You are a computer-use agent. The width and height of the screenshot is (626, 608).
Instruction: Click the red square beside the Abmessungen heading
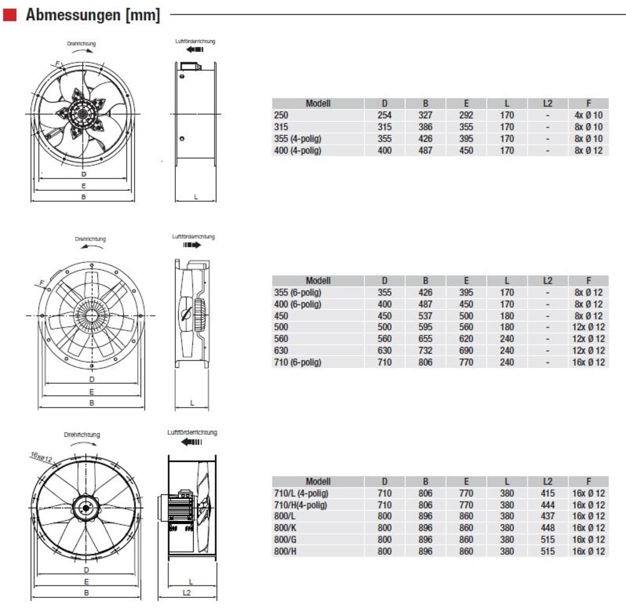click(x=10, y=15)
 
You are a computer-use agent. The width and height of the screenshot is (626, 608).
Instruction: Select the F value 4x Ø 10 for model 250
click(x=588, y=115)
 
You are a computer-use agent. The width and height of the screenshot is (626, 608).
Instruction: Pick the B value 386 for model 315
click(x=425, y=127)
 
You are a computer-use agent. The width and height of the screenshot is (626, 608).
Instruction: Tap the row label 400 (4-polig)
click(x=298, y=150)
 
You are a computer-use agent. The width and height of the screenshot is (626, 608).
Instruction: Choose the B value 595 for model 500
click(x=425, y=327)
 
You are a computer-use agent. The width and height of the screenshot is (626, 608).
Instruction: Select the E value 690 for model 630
click(x=466, y=351)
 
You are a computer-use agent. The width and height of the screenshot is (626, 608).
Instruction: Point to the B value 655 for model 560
click(x=425, y=339)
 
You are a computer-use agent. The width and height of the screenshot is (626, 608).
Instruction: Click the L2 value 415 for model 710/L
click(x=547, y=493)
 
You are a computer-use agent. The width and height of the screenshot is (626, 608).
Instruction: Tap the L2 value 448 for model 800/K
click(x=547, y=528)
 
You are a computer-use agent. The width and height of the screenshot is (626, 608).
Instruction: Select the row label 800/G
click(x=285, y=540)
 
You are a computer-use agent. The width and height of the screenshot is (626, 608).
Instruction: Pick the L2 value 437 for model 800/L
click(x=547, y=517)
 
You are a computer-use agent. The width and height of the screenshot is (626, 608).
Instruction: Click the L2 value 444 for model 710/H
click(x=547, y=505)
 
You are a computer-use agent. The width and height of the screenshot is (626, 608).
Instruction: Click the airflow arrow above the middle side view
click(x=192, y=245)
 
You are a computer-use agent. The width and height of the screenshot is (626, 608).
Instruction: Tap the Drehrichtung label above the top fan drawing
click(x=81, y=44)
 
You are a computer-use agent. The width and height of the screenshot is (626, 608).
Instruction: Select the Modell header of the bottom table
click(x=318, y=482)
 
